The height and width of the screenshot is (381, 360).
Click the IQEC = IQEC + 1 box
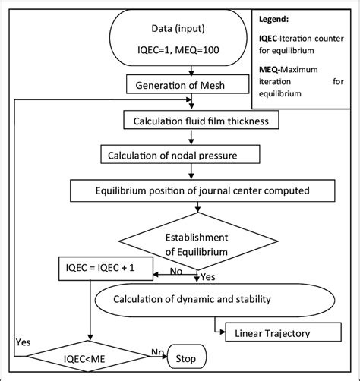(103, 266)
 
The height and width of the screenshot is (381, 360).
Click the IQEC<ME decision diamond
(90, 355)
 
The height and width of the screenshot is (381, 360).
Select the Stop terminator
(186, 355)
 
